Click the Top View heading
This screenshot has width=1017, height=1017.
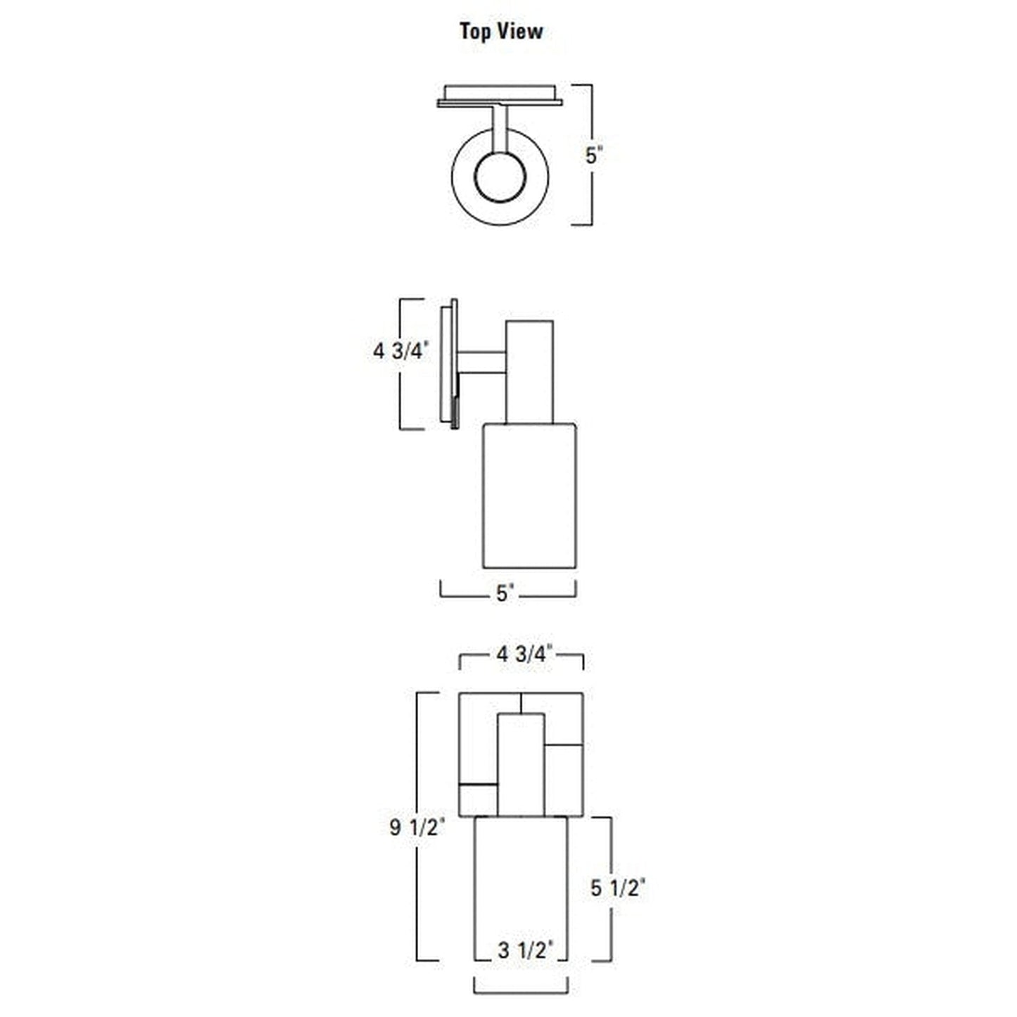click(501, 31)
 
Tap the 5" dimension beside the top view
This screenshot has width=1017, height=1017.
click(595, 155)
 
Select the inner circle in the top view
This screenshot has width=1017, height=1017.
click(500, 176)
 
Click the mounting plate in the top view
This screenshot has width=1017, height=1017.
click(500, 96)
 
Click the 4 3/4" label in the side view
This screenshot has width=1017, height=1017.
click(400, 350)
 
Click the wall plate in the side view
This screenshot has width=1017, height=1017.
click(448, 362)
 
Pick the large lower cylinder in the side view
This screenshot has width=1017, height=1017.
click(529, 496)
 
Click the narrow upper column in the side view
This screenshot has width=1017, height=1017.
click(529, 372)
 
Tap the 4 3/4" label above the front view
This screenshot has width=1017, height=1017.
click(523, 655)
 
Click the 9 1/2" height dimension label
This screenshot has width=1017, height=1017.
click(417, 827)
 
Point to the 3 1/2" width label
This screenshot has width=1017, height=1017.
click(522, 951)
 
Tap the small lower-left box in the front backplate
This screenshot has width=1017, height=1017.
click(478, 800)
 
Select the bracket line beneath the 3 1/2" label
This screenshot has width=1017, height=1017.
click(521, 993)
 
